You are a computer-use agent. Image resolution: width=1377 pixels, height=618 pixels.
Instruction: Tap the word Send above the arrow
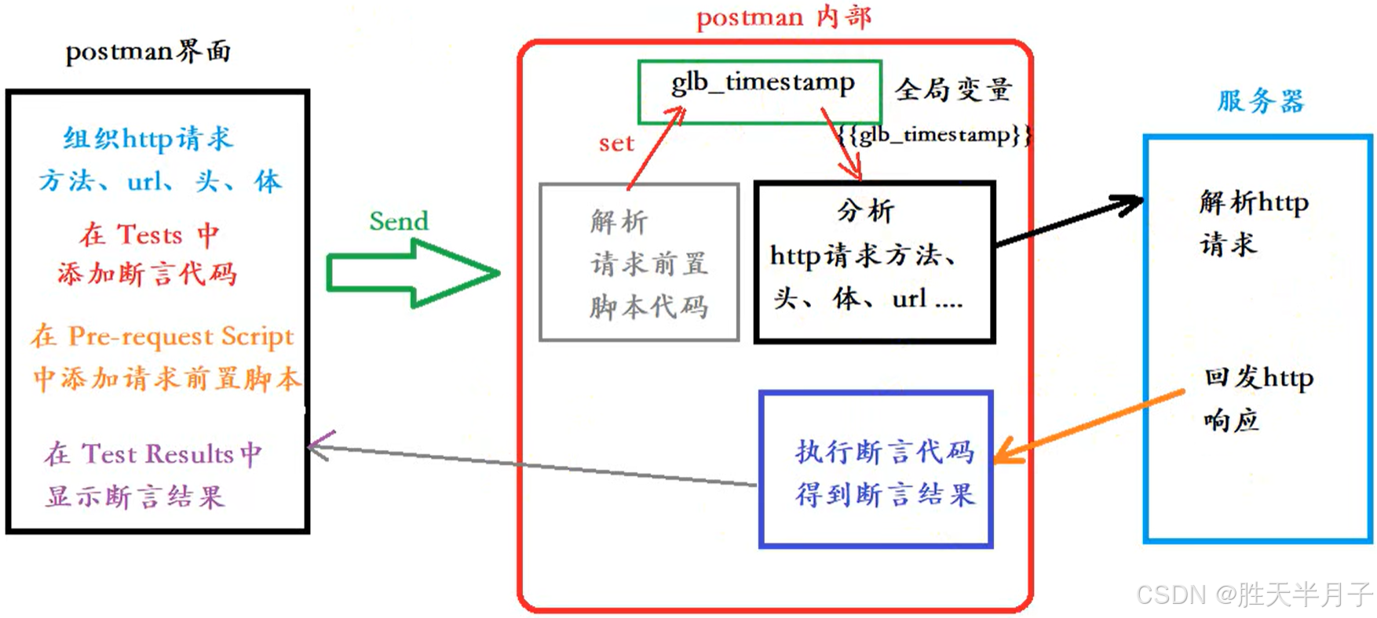[x=399, y=221]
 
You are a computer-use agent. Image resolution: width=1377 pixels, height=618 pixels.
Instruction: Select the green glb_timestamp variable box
[x=759, y=92]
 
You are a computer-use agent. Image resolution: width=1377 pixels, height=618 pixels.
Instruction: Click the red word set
[x=615, y=144]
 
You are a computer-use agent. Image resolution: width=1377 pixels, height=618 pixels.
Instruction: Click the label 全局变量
[x=953, y=89]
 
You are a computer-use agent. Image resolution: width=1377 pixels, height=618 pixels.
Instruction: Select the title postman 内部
[x=783, y=17]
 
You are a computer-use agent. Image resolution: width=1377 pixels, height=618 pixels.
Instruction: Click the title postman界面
[x=148, y=52]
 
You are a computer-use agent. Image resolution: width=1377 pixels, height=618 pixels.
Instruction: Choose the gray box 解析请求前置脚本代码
[x=639, y=263]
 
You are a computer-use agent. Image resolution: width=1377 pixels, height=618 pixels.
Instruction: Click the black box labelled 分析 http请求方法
[x=875, y=263]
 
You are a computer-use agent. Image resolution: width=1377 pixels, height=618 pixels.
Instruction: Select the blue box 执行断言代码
[x=875, y=469]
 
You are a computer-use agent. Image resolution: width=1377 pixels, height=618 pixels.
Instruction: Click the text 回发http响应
[x=1257, y=398]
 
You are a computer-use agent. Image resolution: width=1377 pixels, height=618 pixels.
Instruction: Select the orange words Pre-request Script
[x=181, y=336]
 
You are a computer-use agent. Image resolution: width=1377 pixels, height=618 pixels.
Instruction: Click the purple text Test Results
[x=157, y=454]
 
